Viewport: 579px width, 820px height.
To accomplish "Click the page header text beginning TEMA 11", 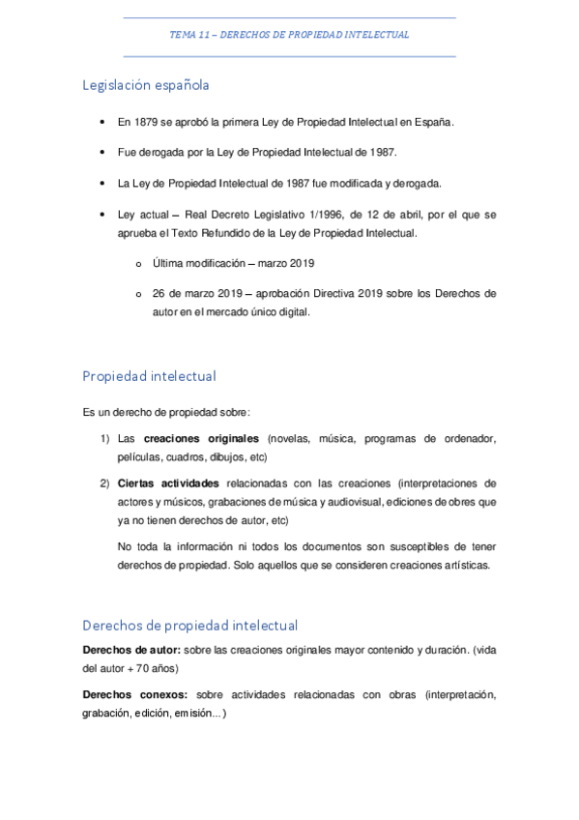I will point(289,35).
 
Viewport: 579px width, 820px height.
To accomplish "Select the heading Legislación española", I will point(145,85).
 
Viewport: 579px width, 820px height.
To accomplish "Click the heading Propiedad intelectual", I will point(149,375).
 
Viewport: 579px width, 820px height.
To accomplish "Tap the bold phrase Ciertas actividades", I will point(168,483).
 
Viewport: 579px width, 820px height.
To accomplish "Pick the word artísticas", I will point(462,565).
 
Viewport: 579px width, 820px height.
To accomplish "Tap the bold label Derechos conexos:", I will point(136,694).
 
